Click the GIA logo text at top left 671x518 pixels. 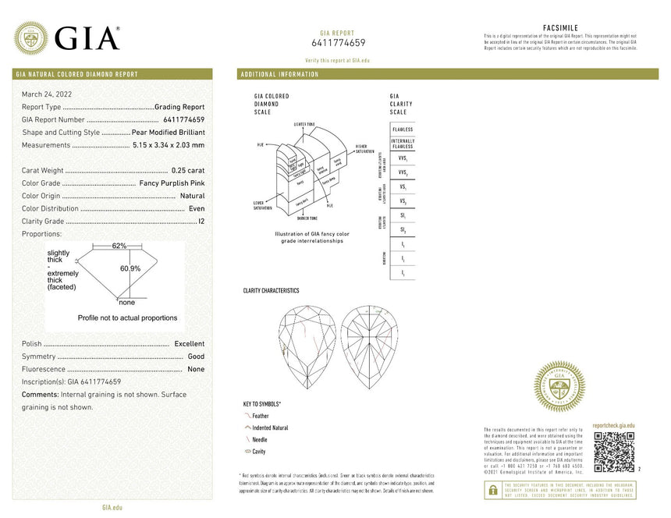click(x=87, y=38)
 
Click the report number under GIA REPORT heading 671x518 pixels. click(x=338, y=43)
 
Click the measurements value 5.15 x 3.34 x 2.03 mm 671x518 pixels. click(x=168, y=145)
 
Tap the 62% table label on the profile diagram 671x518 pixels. click(x=119, y=246)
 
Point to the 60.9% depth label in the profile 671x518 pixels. click(x=130, y=268)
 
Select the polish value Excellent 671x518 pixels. click(x=189, y=344)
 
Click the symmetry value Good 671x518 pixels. click(x=196, y=357)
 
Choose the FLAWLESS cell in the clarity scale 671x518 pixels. click(x=403, y=129)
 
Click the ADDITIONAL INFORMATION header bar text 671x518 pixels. click(x=280, y=74)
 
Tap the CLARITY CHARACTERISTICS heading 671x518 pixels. click(x=271, y=290)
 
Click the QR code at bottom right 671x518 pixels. click(x=613, y=452)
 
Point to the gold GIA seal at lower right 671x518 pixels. click(x=559, y=386)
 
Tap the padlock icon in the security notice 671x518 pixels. click(x=492, y=490)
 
